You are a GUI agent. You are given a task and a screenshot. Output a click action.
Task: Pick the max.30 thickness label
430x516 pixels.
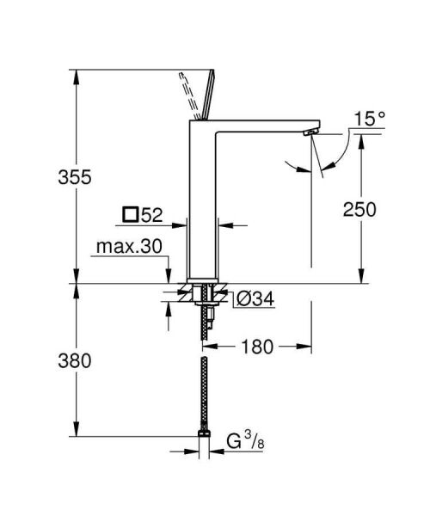point(129,247)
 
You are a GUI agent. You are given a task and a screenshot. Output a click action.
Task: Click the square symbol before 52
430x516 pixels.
point(131,213)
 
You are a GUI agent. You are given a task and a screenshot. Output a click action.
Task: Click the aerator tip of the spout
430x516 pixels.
point(308,134)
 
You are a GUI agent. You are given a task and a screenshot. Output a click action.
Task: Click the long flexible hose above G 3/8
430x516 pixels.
point(204,391)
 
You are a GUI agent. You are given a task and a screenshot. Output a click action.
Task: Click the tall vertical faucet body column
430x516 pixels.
point(204,206)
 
